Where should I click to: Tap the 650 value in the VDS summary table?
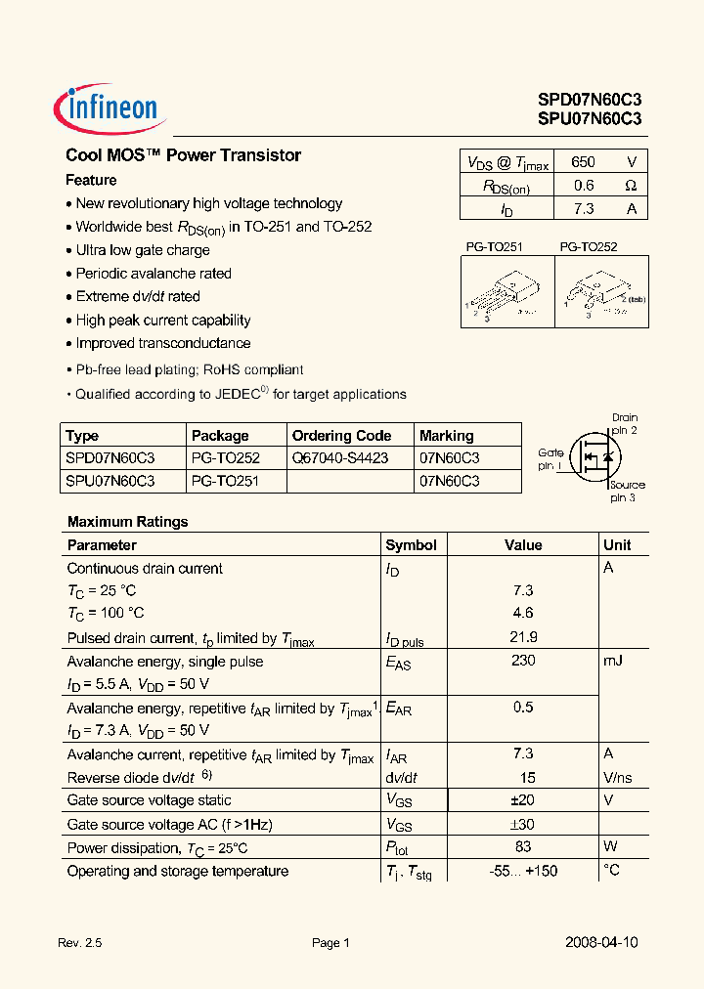coord(583,162)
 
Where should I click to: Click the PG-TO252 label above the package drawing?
coord(589,248)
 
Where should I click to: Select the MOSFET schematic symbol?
coord(595,455)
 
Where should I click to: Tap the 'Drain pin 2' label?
coord(625,424)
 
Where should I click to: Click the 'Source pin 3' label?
coord(627,491)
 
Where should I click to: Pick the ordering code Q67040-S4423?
coord(340,457)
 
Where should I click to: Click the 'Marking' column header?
coord(446,436)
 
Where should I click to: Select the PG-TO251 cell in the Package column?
coord(225,481)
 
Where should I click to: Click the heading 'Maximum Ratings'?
coord(127,522)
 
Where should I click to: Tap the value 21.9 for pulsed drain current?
coord(523,637)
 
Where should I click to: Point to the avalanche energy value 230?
coord(523,661)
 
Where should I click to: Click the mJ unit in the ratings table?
coord(613,661)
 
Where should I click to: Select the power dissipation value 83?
coord(523,846)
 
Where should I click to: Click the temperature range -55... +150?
coord(523,871)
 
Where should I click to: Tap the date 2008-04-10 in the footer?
coord(601,943)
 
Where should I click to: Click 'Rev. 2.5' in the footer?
coord(80,943)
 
